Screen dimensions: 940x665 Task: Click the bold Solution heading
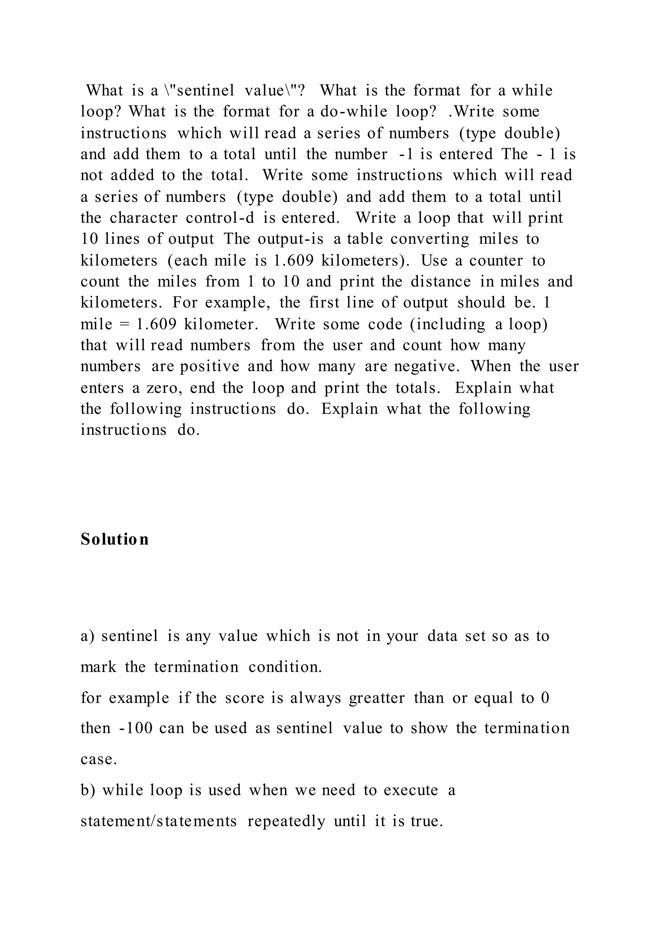coord(115,539)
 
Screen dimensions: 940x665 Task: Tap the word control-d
coord(220,218)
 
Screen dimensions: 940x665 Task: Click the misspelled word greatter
coord(377,697)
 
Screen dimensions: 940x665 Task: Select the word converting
coord(430,239)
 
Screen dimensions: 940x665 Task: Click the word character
coord(143,218)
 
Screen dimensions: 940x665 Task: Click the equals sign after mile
coord(123,324)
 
